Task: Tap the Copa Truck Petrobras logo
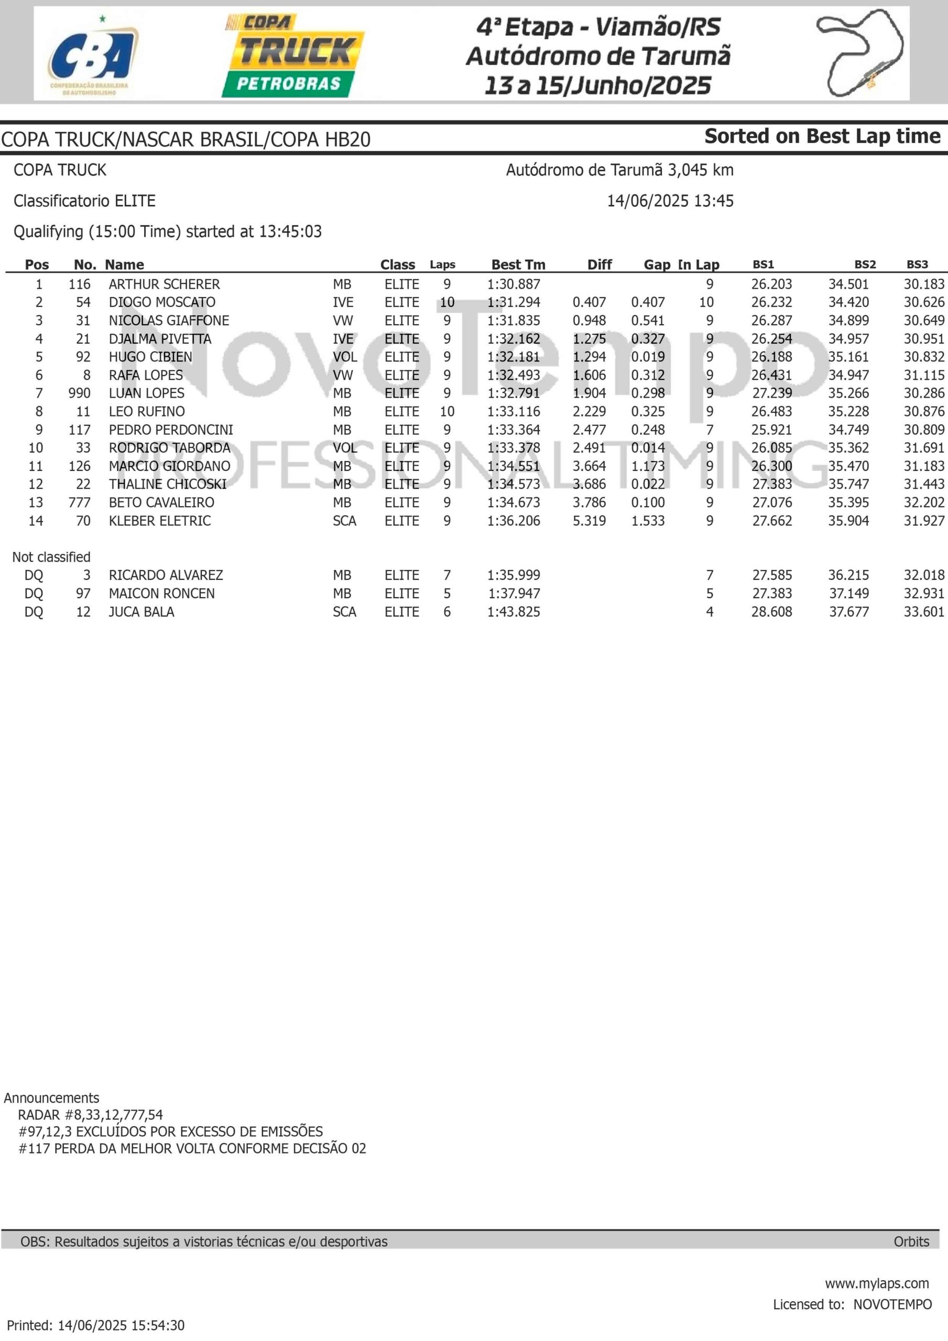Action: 293,56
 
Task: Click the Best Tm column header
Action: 518,265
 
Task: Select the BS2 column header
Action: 865,265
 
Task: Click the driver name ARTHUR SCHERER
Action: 164,284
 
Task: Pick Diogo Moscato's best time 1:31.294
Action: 514,303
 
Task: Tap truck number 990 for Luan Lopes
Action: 80,393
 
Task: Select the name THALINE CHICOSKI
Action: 168,484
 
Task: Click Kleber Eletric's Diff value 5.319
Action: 589,521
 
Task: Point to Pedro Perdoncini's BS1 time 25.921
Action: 771,430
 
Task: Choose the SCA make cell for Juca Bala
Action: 344,612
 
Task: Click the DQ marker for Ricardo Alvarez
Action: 34,575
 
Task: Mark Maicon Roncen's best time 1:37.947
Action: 514,593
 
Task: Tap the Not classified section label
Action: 51,557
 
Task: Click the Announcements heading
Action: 51,1098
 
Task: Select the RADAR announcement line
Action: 91,1115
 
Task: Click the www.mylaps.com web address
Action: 877,1283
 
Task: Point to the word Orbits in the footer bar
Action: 911,1241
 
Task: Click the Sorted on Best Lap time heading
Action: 822,136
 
